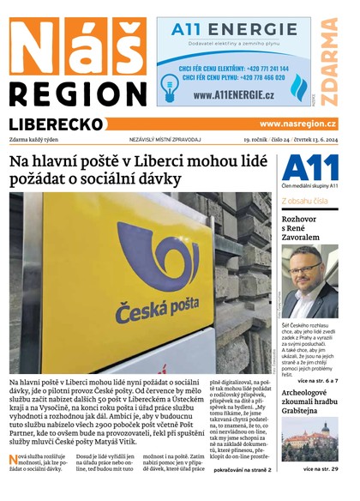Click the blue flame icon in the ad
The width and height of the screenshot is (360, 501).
point(298,88)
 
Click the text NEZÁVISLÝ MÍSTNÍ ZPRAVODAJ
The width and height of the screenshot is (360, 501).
point(165,139)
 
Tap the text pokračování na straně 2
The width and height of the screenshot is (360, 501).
point(243,470)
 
